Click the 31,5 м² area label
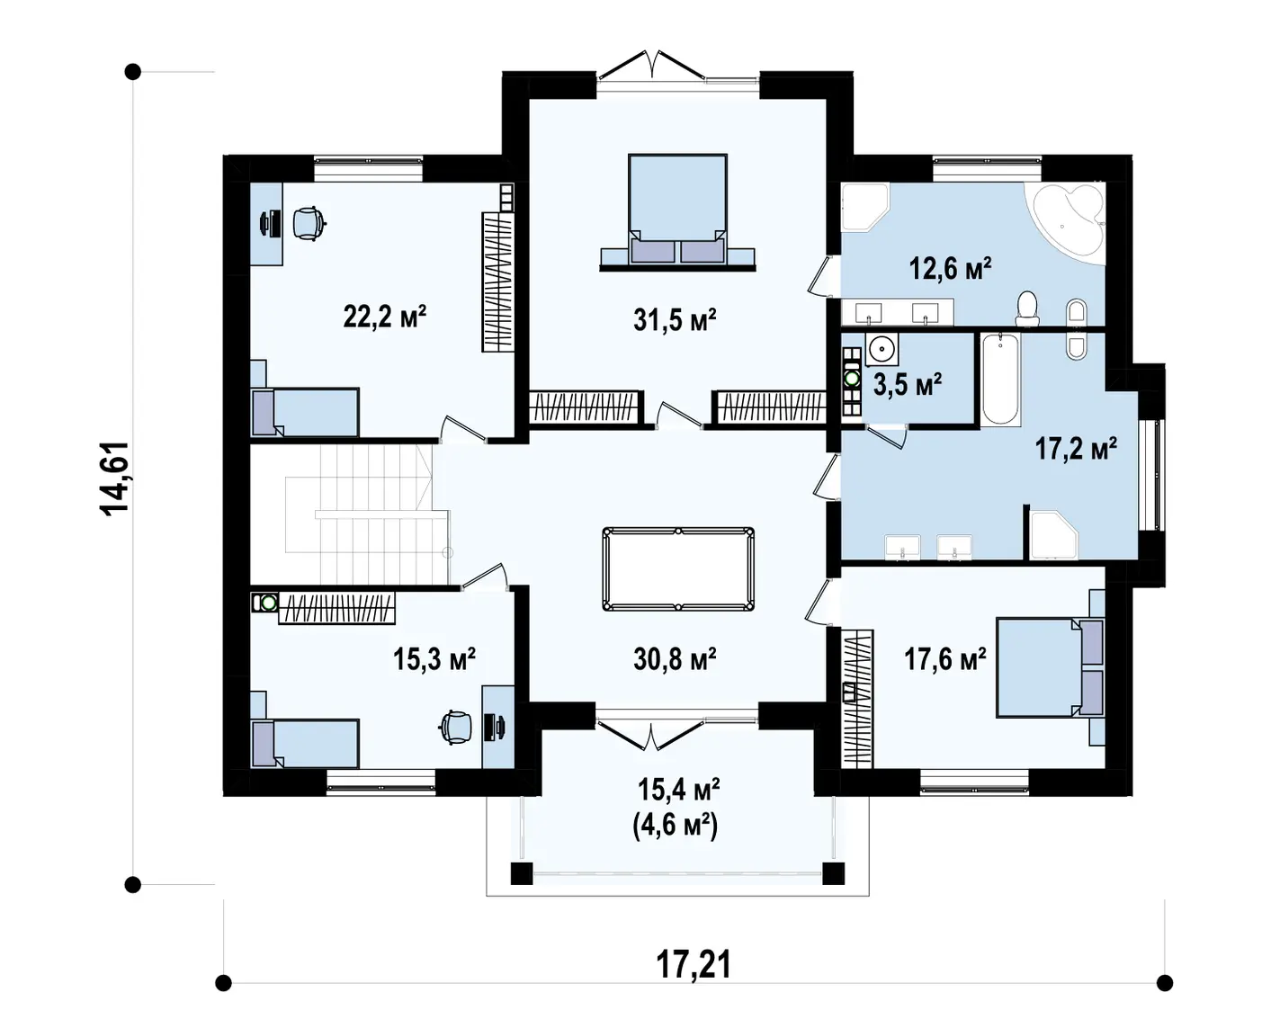pos(675,320)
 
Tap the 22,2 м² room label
pos(384,317)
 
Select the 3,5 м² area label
pos(907,385)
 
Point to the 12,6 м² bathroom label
pos(951,268)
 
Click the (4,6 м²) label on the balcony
pos(675,826)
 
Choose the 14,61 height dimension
pos(113,478)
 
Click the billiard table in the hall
pos(678,568)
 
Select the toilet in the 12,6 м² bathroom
pos(1027,308)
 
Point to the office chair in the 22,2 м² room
pos(309,223)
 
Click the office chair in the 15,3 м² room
pos(456,727)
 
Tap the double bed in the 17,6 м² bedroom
pos(1051,667)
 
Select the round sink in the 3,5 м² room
pos(882,348)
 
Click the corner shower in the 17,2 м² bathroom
pos(1054,536)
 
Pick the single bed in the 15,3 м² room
pos(305,743)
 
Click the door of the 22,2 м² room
pos(465,428)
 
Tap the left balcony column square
pos(522,872)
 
